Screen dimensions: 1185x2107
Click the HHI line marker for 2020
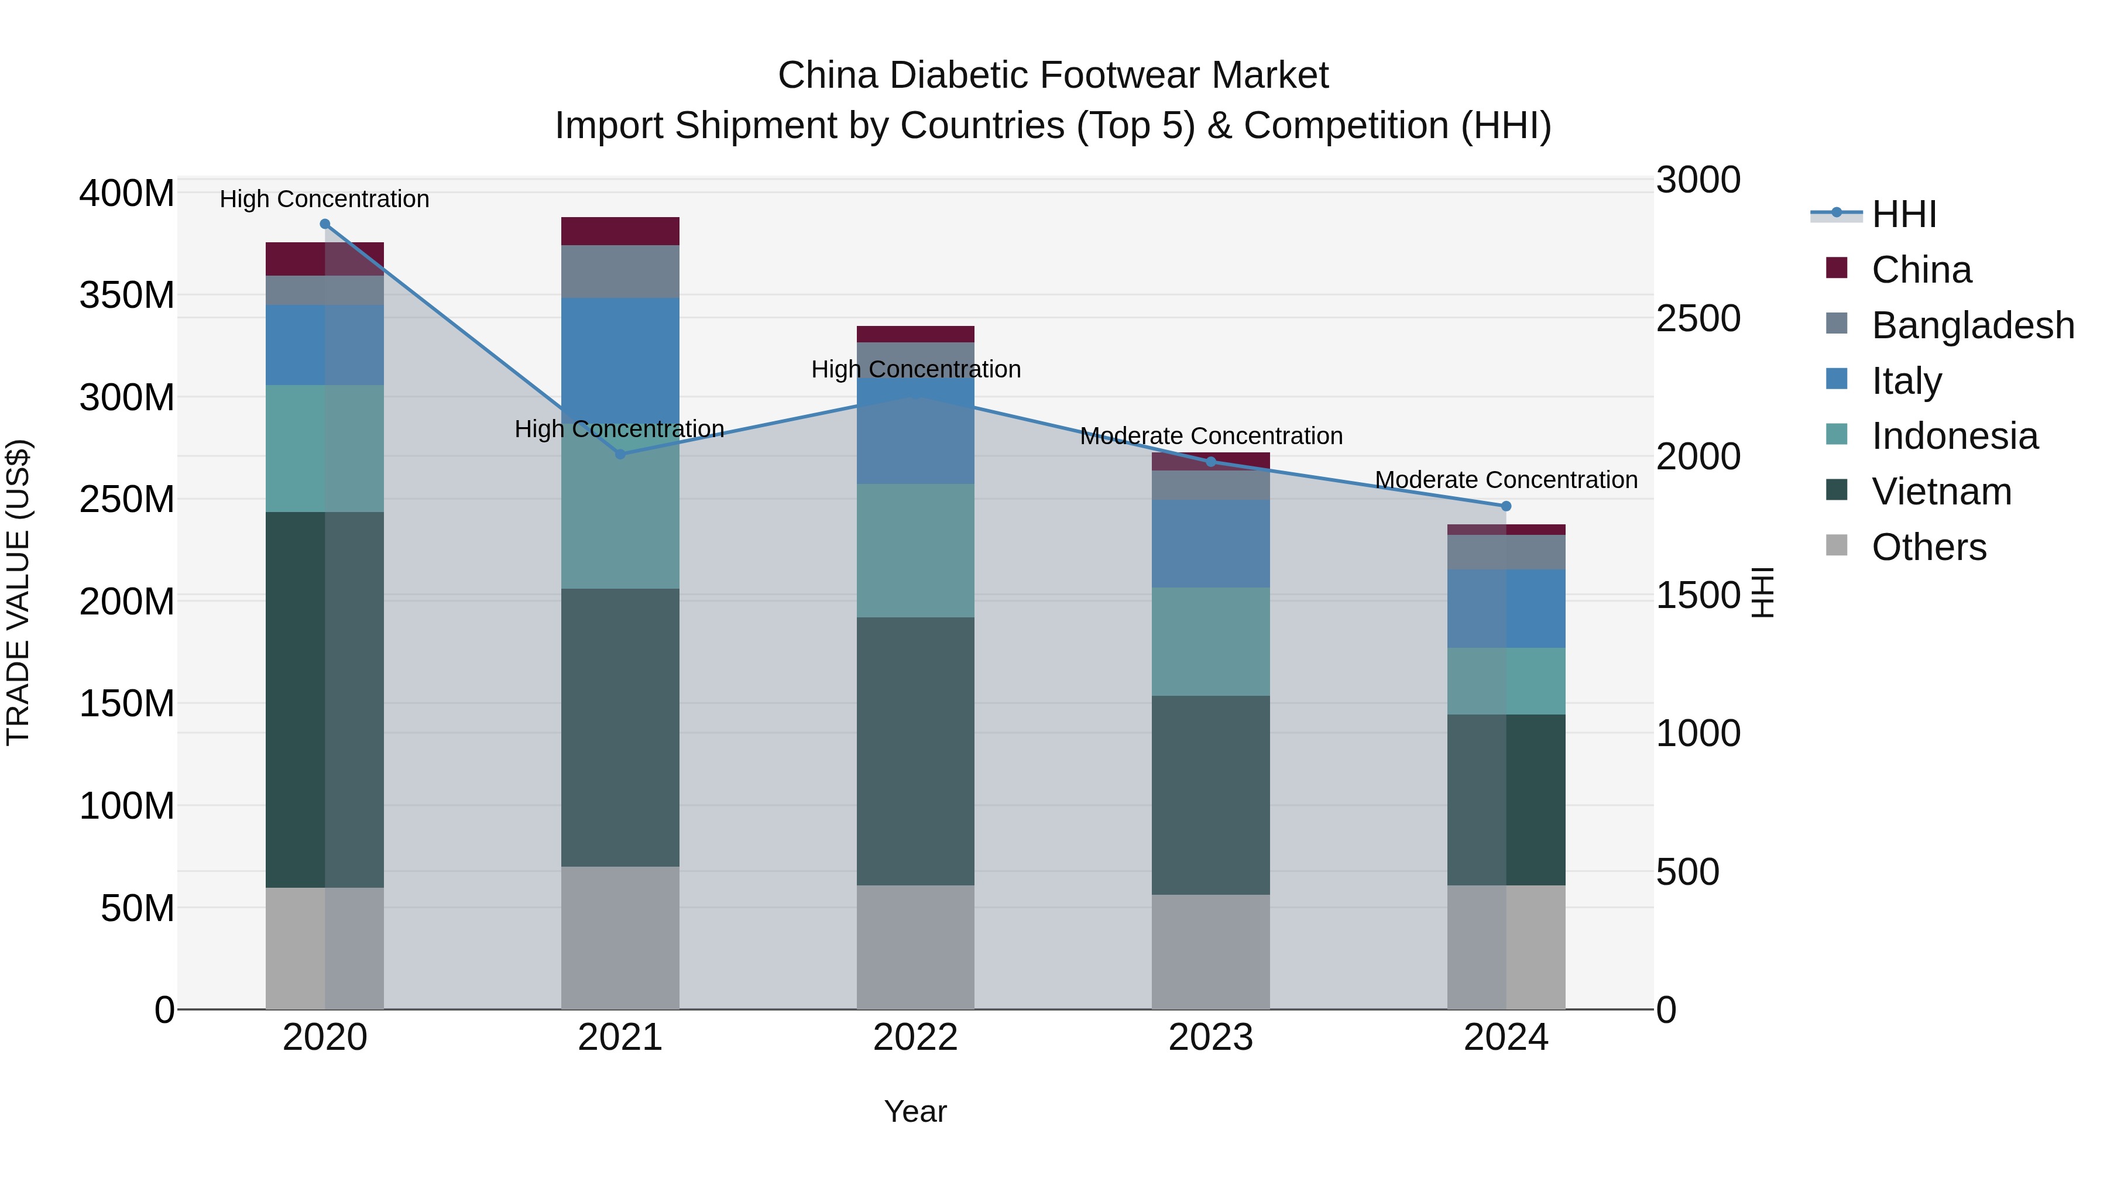[x=325, y=224]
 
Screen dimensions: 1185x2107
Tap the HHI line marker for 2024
[x=1506, y=506]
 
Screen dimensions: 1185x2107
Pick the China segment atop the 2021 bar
[x=620, y=231]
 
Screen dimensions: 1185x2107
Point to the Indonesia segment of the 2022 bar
[x=915, y=551]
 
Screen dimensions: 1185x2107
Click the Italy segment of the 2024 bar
[x=1506, y=609]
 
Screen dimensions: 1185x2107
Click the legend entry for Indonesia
[x=1954, y=436]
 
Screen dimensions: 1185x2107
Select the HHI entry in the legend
[x=1903, y=214]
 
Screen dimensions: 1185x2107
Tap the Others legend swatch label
[x=1928, y=547]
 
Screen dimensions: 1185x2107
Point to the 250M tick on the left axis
[x=127, y=499]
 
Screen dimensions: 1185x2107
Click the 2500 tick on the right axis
[x=1698, y=318]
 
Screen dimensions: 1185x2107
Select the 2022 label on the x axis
[x=915, y=1038]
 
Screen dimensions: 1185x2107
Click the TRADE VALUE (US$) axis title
[x=18, y=592]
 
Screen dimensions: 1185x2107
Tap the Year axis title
[x=915, y=1111]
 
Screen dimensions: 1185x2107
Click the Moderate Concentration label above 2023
[x=1210, y=436]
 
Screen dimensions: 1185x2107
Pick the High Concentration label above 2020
[x=325, y=199]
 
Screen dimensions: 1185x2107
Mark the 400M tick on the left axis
[x=127, y=194]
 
